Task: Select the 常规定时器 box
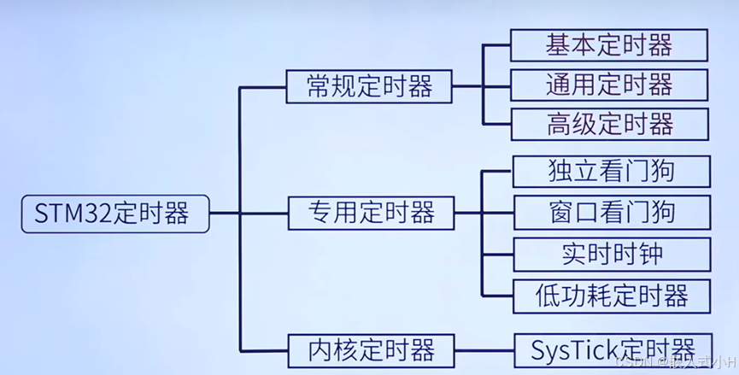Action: pyautogui.click(x=369, y=86)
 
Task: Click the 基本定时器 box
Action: pyautogui.click(x=609, y=45)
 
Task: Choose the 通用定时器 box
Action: pyautogui.click(x=609, y=85)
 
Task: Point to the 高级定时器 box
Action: pyautogui.click(x=610, y=125)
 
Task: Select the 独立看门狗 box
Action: pyautogui.click(x=611, y=172)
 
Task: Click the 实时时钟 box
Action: pyautogui.click(x=611, y=254)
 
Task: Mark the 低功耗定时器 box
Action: pyautogui.click(x=611, y=296)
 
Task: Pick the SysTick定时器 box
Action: pyautogui.click(x=613, y=349)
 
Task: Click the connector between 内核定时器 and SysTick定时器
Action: pyautogui.click(x=483, y=349)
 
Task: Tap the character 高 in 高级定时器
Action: pyautogui.click(x=560, y=125)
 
